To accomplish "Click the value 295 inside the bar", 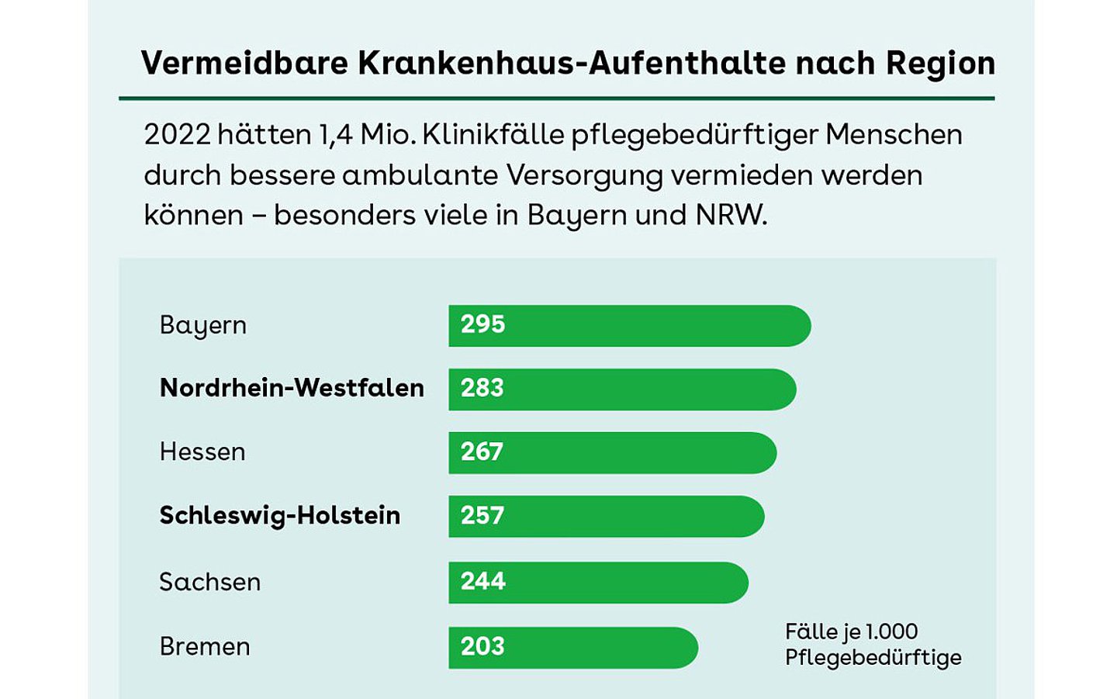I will (482, 324).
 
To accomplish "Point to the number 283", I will (482, 388).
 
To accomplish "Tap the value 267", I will (482, 452).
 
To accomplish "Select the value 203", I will (482, 646).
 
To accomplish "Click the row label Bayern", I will (202, 325).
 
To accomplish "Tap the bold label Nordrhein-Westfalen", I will (292, 388).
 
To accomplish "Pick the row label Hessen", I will (202, 452).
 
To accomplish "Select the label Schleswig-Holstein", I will (279, 515).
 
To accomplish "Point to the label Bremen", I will (204, 646).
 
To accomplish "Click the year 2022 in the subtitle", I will (177, 135).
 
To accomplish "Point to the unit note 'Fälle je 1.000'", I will (851, 632).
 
